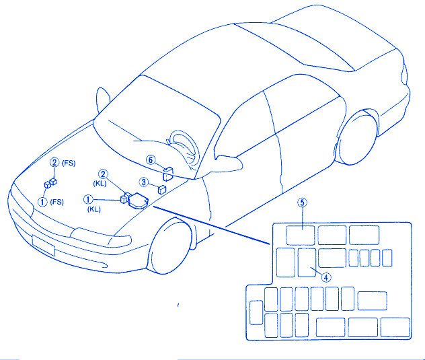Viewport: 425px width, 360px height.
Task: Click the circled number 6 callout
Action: (151, 159)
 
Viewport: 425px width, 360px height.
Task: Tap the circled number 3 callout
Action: (144, 182)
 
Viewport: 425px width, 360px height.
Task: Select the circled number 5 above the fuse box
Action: (302, 203)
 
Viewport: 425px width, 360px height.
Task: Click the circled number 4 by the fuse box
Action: (326, 277)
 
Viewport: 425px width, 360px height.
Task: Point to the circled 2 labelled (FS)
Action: (54, 162)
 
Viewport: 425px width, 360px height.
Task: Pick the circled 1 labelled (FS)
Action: (42, 202)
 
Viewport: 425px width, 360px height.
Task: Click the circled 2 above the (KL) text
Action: (103, 174)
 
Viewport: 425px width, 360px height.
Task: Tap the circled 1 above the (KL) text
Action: (88, 199)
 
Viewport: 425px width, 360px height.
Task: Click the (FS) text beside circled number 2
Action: (69, 163)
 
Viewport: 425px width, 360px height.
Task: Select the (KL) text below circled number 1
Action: (93, 209)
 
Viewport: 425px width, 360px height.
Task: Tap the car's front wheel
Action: (169, 246)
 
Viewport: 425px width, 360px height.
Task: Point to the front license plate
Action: (43, 245)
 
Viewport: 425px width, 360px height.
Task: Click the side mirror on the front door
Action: (229, 164)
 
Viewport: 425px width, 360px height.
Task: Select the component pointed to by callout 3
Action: (162, 189)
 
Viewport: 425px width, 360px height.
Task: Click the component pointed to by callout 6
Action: (167, 174)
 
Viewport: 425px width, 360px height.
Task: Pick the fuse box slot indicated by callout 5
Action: (301, 236)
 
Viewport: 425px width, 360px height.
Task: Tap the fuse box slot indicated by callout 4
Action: (307, 262)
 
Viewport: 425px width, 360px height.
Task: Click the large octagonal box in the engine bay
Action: (138, 201)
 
